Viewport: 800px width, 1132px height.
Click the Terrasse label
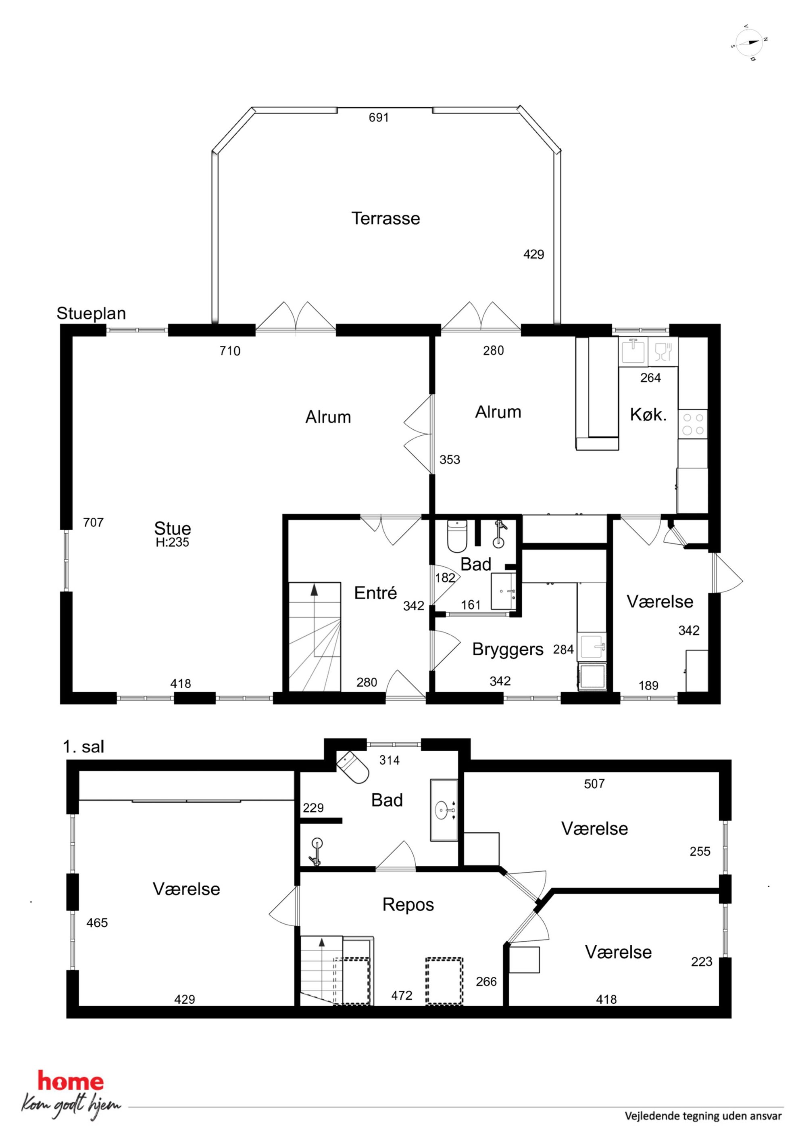(385, 218)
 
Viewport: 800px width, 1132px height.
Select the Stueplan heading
(91, 313)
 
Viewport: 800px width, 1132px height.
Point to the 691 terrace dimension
(379, 117)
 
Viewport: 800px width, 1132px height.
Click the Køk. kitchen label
(648, 415)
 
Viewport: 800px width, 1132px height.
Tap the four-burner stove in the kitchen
(693, 424)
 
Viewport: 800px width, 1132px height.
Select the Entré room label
(375, 593)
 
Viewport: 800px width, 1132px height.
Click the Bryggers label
(508, 650)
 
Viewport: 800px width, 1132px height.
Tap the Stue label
(173, 528)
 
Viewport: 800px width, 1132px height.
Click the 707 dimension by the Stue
(93, 522)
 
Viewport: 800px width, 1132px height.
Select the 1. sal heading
(83, 747)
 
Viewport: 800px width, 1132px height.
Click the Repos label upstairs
(408, 905)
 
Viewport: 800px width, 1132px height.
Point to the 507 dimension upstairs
(594, 784)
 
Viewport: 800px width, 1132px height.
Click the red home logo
(71, 1082)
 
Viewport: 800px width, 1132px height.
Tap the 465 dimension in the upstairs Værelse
(97, 923)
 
